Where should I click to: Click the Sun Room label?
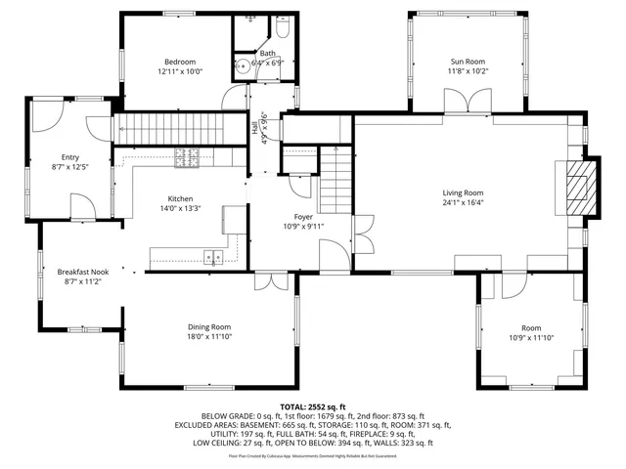468,62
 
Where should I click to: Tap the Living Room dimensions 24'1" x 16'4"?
462,203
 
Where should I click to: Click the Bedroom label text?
179,62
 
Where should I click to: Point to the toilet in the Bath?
253,20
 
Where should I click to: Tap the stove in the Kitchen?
186,155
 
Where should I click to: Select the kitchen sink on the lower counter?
212,257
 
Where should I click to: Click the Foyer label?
303,216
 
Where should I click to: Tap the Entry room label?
69,157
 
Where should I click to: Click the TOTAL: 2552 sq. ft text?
313,405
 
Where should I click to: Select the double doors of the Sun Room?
477,101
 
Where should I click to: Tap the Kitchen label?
180,198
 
